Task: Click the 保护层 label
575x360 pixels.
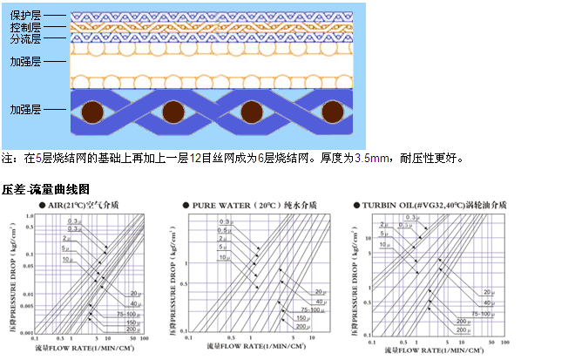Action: click(x=26, y=16)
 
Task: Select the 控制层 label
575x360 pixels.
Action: click(x=26, y=28)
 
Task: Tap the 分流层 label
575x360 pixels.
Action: click(x=26, y=39)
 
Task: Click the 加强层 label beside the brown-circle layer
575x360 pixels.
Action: click(x=26, y=110)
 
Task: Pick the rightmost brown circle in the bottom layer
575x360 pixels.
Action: click(x=333, y=113)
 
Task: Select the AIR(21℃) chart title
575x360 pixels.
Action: click(x=87, y=205)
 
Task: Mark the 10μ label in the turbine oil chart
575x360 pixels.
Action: click(x=384, y=246)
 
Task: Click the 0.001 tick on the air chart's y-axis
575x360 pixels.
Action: click(x=27, y=333)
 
